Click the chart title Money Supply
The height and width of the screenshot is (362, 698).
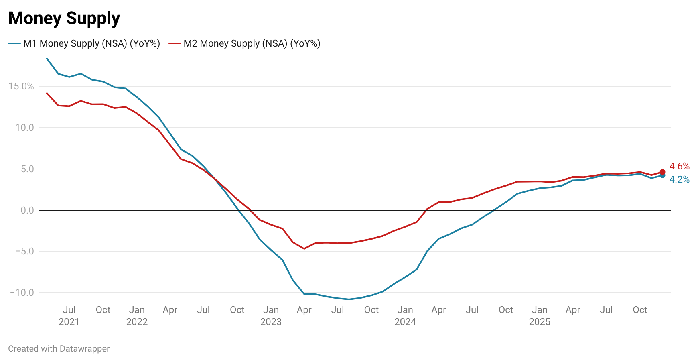[x=64, y=18]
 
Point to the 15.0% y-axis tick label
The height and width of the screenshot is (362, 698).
[x=21, y=86]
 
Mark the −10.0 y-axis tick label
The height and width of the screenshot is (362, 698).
[x=22, y=293]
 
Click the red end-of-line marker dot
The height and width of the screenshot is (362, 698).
[x=662, y=172]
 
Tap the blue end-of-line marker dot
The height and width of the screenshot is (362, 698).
[x=662, y=175]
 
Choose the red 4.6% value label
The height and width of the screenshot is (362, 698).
[x=679, y=166]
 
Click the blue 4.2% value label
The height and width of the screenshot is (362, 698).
[x=679, y=179]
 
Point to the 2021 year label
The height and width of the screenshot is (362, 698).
[x=69, y=322]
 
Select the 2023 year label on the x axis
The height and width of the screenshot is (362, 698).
[x=271, y=322]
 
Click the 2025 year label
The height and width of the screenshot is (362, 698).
[x=540, y=322]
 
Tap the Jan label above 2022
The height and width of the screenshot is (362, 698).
[x=137, y=310]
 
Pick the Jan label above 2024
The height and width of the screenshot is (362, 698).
[x=405, y=310]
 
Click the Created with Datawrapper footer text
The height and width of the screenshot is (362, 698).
[x=59, y=349]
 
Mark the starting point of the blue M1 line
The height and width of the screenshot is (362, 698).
[x=47, y=59]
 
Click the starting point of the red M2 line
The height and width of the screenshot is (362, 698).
[x=47, y=93]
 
